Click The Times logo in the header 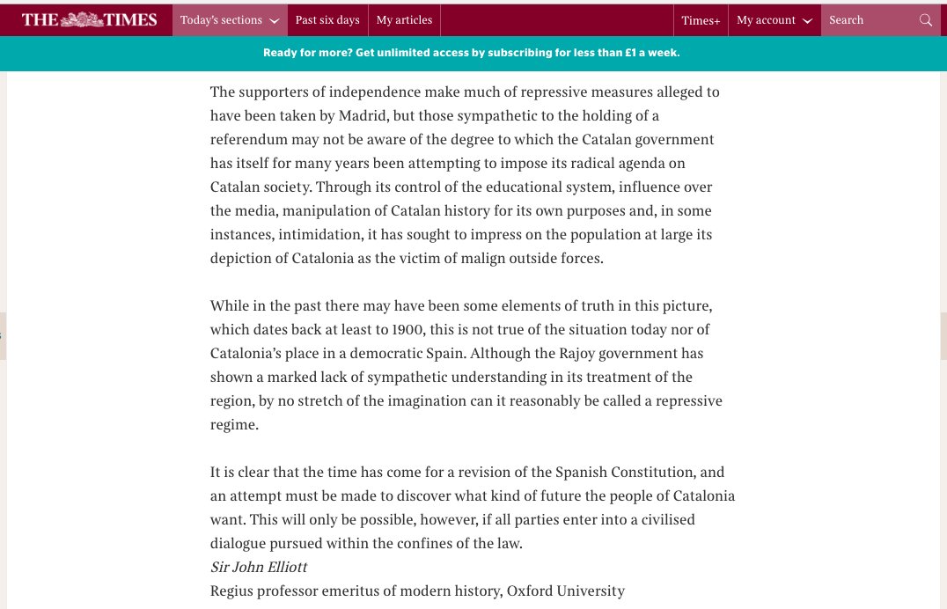[89, 19]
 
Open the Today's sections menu [229, 20]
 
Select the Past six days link [327, 20]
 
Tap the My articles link [404, 20]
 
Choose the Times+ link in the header [701, 20]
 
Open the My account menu [774, 20]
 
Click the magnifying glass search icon [925, 20]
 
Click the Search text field [867, 20]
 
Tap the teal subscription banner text [472, 53]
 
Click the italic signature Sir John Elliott [259, 568]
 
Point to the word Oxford [532, 591]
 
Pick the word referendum [250, 140]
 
